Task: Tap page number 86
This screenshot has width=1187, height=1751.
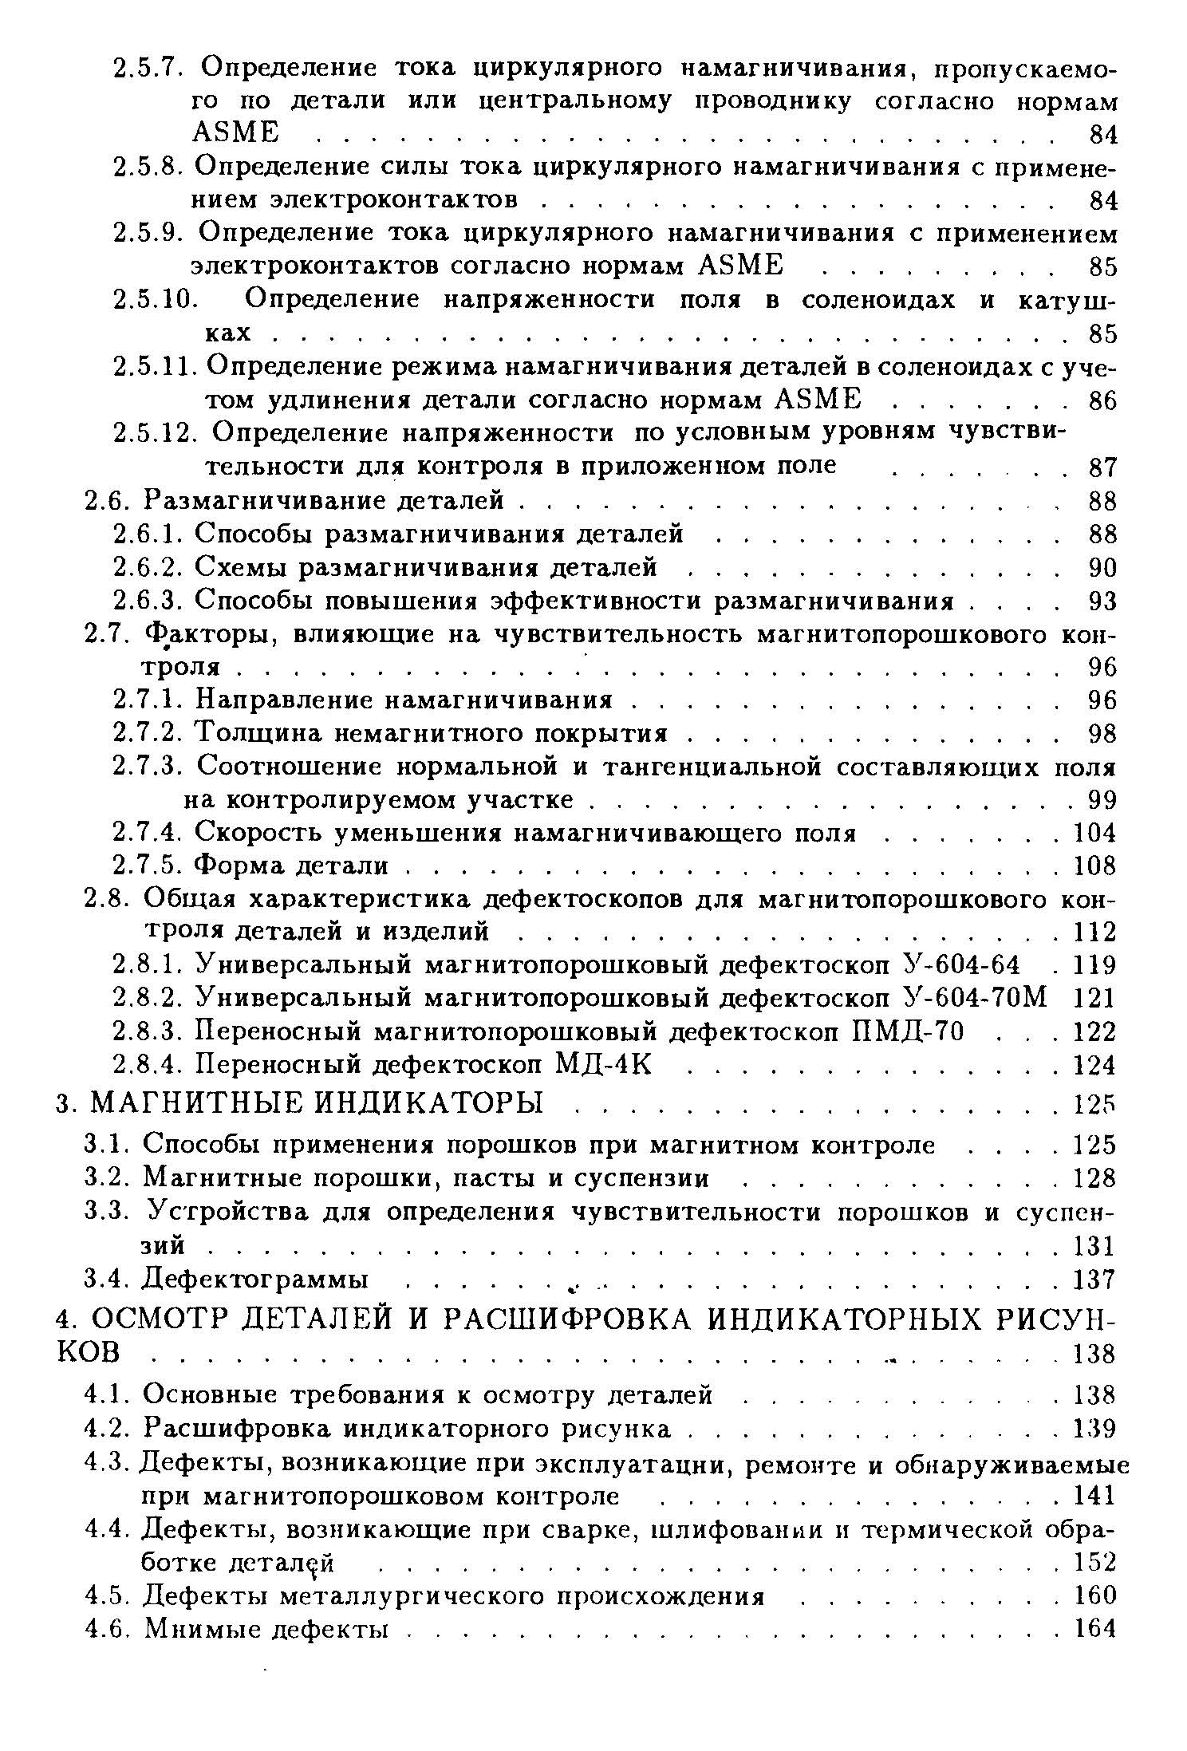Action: pos(1102,399)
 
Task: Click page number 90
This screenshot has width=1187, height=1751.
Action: pos(1102,567)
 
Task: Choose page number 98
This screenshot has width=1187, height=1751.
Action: pos(1102,733)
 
